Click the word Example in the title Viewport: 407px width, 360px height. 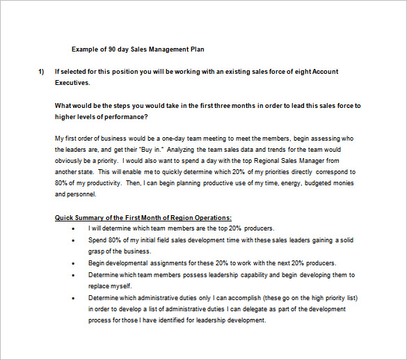coord(85,49)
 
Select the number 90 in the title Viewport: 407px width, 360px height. coord(111,49)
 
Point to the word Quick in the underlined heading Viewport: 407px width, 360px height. coord(65,218)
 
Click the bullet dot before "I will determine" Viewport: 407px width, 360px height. coord(74,228)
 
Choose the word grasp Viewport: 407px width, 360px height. coord(97,251)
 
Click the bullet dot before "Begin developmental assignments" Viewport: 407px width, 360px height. coord(74,263)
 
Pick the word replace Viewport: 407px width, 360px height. coord(100,285)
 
